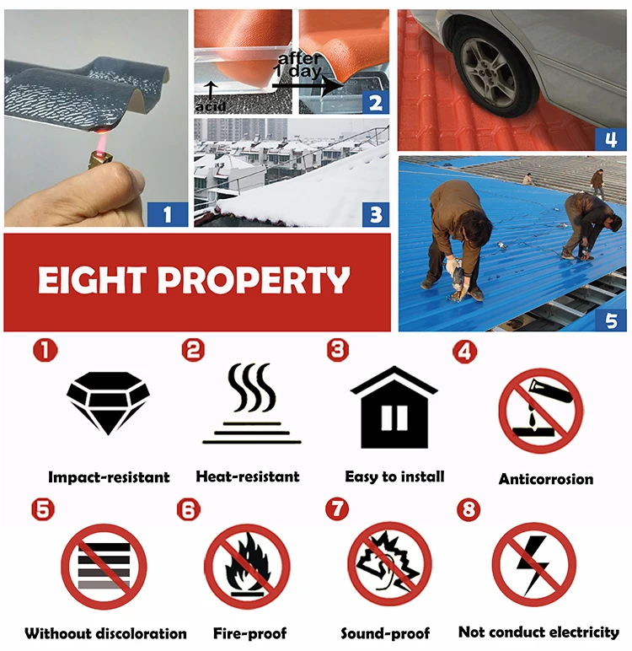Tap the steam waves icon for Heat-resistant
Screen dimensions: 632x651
click(x=251, y=403)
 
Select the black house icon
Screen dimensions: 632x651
click(x=394, y=406)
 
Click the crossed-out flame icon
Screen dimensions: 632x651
click(x=247, y=567)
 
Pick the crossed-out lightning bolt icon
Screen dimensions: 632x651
click(x=534, y=565)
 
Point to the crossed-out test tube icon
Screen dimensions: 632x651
click(x=540, y=411)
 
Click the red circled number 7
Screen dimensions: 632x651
click(x=337, y=509)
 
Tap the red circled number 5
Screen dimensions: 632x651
click(x=43, y=509)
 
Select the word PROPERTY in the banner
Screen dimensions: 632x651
click(x=254, y=280)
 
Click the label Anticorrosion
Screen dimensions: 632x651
click(x=546, y=479)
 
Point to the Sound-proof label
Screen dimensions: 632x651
click(x=385, y=633)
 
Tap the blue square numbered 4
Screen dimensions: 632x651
click(x=610, y=139)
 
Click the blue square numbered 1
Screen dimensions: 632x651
click(x=168, y=214)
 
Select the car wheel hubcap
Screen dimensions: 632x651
click(x=489, y=73)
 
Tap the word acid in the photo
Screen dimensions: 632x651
click(x=211, y=107)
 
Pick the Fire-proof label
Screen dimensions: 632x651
click(x=249, y=633)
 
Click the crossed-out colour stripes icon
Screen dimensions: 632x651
click(x=104, y=567)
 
